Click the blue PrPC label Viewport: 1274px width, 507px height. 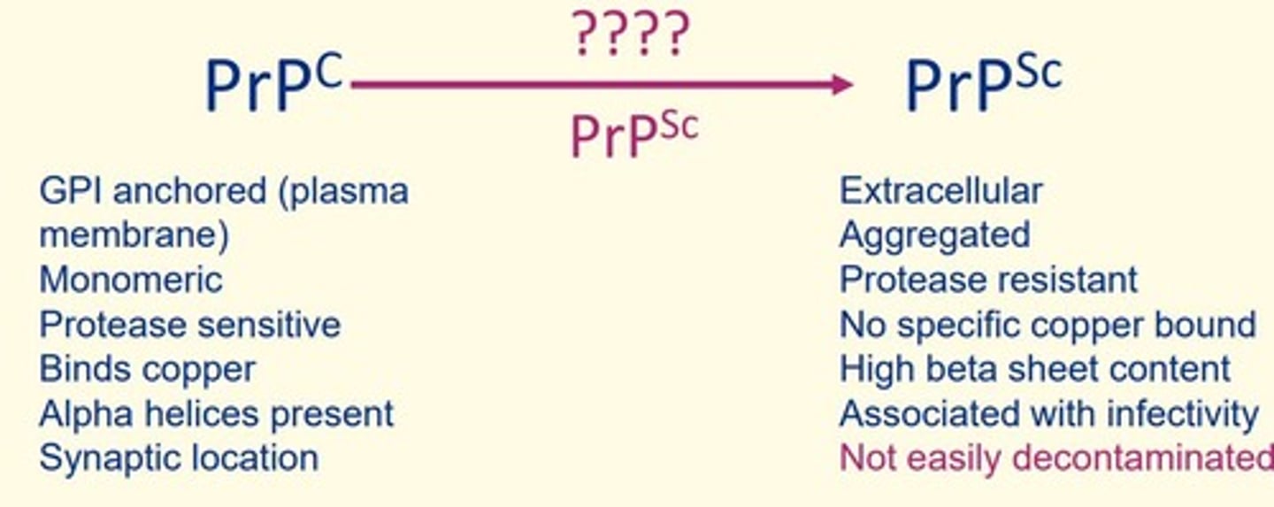tap(274, 82)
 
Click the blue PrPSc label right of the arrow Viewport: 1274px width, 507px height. tap(984, 82)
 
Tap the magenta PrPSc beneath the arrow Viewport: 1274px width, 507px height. tap(634, 134)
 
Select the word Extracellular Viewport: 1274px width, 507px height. tap(941, 190)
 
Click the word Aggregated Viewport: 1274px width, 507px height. tap(935, 235)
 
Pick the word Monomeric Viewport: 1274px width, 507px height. tap(131, 280)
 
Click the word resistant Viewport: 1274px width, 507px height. tap(1066, 280)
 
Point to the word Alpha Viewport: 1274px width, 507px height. tap(86, 415)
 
